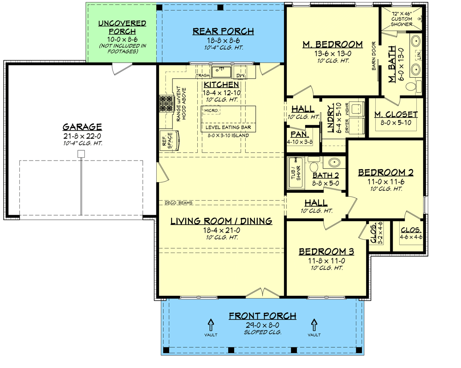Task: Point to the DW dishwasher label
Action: [240, 75]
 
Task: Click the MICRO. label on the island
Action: [211, 111]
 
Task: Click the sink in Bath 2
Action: [334, 162]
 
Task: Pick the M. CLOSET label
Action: [396, 115]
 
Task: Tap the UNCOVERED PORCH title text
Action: [122, 27]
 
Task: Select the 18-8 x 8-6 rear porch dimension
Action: [223, 40]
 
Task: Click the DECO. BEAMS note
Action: [178, 203]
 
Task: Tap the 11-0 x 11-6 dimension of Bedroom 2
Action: [385, 182]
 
